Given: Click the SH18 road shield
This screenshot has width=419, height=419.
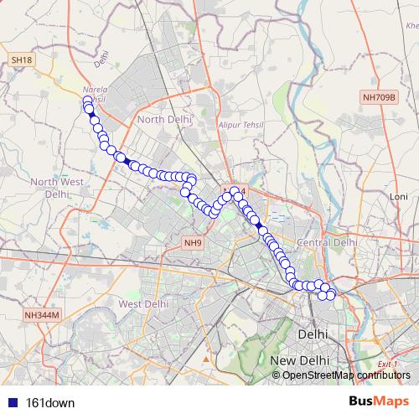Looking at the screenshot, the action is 21,60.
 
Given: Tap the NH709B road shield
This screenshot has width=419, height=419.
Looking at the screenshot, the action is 378,98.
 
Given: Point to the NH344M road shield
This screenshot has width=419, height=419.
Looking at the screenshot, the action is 43,316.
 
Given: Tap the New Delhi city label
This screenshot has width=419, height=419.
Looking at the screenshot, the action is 299,360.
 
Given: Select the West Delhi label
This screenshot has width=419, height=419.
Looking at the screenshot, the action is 143,303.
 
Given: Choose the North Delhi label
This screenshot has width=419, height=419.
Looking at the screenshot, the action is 164,120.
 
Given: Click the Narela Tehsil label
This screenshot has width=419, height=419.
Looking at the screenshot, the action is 95,94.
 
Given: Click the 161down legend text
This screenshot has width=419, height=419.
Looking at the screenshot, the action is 51,402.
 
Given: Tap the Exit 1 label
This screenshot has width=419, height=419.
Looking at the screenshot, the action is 386,364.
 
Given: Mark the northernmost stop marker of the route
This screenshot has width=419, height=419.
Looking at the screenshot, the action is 87,101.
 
